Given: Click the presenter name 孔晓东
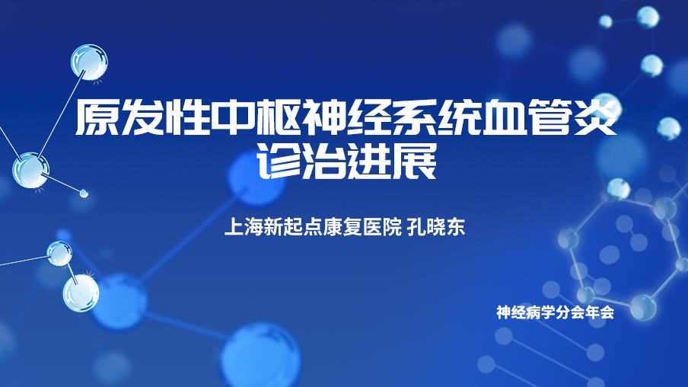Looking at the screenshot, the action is point(436,227).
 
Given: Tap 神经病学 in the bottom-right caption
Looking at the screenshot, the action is point(526,312).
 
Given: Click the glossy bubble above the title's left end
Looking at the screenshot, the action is point(90,62).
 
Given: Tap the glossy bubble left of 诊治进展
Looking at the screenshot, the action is point(30,171).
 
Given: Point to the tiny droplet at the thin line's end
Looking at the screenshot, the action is point(84,193).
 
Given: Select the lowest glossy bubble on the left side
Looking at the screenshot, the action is point(81,293).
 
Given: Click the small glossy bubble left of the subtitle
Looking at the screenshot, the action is point(59,254).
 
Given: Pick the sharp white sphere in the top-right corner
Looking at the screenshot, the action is point(648,17).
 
